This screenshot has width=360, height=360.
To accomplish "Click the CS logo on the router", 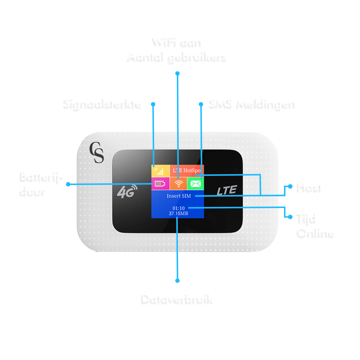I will point(97,153).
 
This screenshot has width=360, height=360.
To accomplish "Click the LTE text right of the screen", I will point(227,190).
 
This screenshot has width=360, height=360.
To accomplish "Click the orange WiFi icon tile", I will point(179,183).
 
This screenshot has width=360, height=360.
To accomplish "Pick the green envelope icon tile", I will point(195,183).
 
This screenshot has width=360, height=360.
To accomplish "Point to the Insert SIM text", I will point(179,196).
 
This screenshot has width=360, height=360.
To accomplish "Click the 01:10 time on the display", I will point(179,209).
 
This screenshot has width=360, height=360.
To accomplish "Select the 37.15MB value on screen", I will point(178,213).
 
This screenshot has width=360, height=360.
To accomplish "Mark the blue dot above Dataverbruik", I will point(177,281).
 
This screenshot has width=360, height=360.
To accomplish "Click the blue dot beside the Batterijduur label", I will point(68,184).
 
